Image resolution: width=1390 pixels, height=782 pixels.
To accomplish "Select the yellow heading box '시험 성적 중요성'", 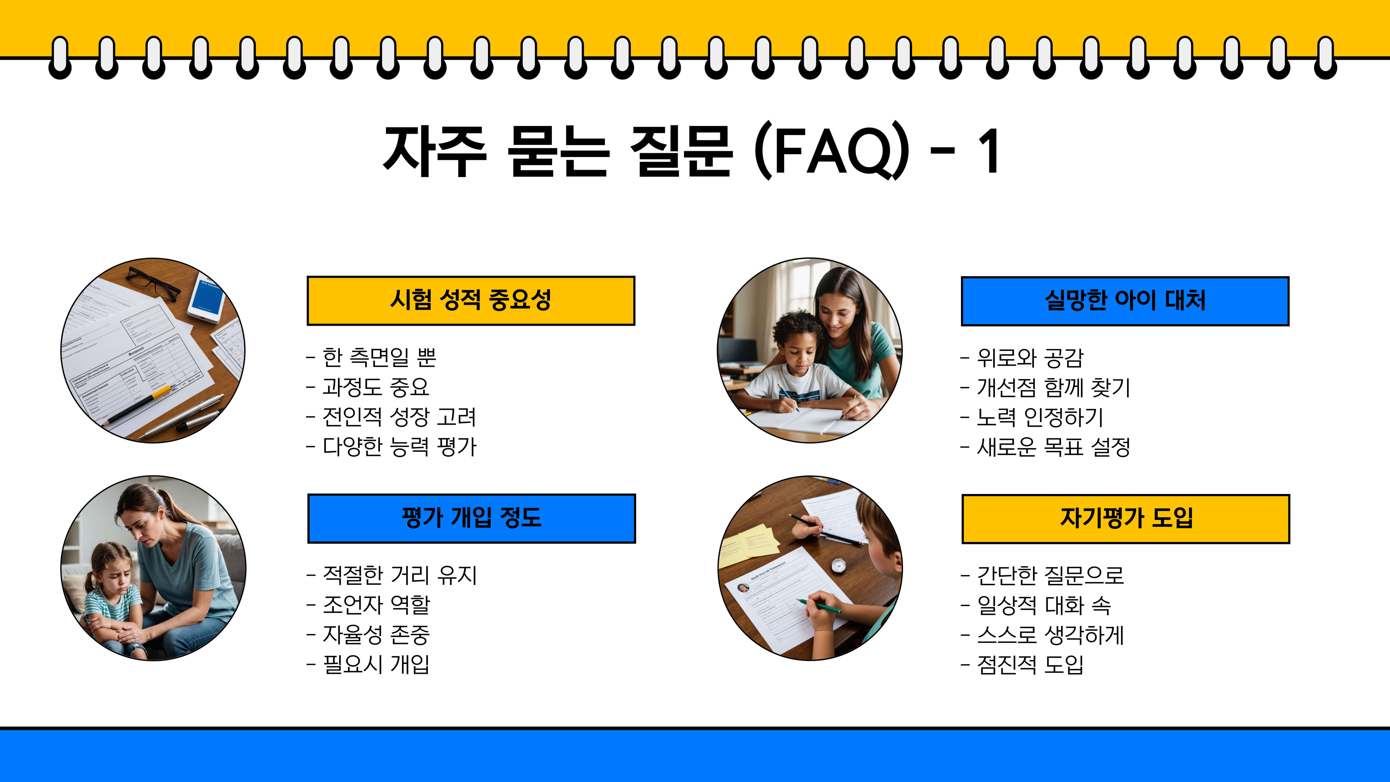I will [471, 301].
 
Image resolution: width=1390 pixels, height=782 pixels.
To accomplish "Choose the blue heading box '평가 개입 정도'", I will [471, 518].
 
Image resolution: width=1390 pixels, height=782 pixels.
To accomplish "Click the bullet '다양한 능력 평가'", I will [399, 446].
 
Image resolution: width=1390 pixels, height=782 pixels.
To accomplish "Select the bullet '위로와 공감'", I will [1030, 357].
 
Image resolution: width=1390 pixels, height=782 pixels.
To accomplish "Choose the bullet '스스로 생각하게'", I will [1050, 635].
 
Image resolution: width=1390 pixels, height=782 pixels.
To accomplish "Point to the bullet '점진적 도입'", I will [1030, 664].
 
